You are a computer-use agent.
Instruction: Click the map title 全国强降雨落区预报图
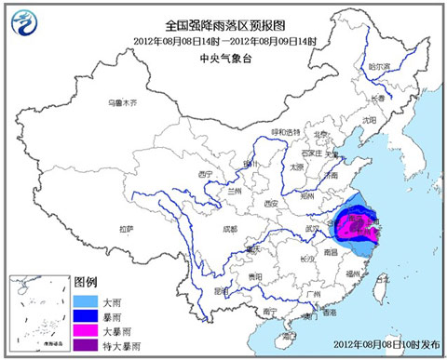[223, 25]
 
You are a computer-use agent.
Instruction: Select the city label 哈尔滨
[377, 66]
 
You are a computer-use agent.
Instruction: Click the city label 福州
[353, 274]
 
